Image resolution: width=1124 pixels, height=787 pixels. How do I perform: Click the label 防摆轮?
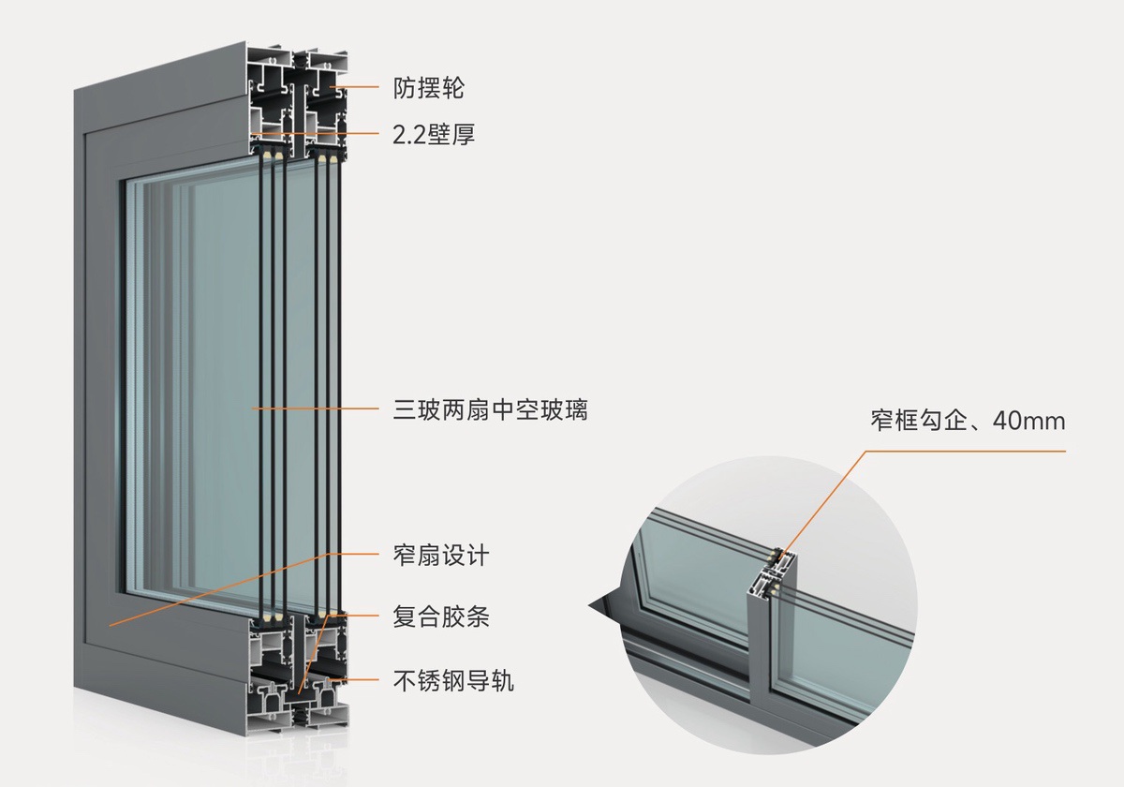428,89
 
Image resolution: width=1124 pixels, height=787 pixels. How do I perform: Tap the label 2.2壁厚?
433,135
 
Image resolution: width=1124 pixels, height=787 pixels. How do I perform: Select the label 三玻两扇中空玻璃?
490,409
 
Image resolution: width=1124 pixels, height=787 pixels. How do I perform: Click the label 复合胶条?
440,617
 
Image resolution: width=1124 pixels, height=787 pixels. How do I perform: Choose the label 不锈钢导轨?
452,680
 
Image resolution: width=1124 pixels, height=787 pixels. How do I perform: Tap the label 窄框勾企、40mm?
968,422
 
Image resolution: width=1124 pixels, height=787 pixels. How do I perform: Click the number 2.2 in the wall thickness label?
409,135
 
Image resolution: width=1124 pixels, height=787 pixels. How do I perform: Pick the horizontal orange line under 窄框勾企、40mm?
965,451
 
